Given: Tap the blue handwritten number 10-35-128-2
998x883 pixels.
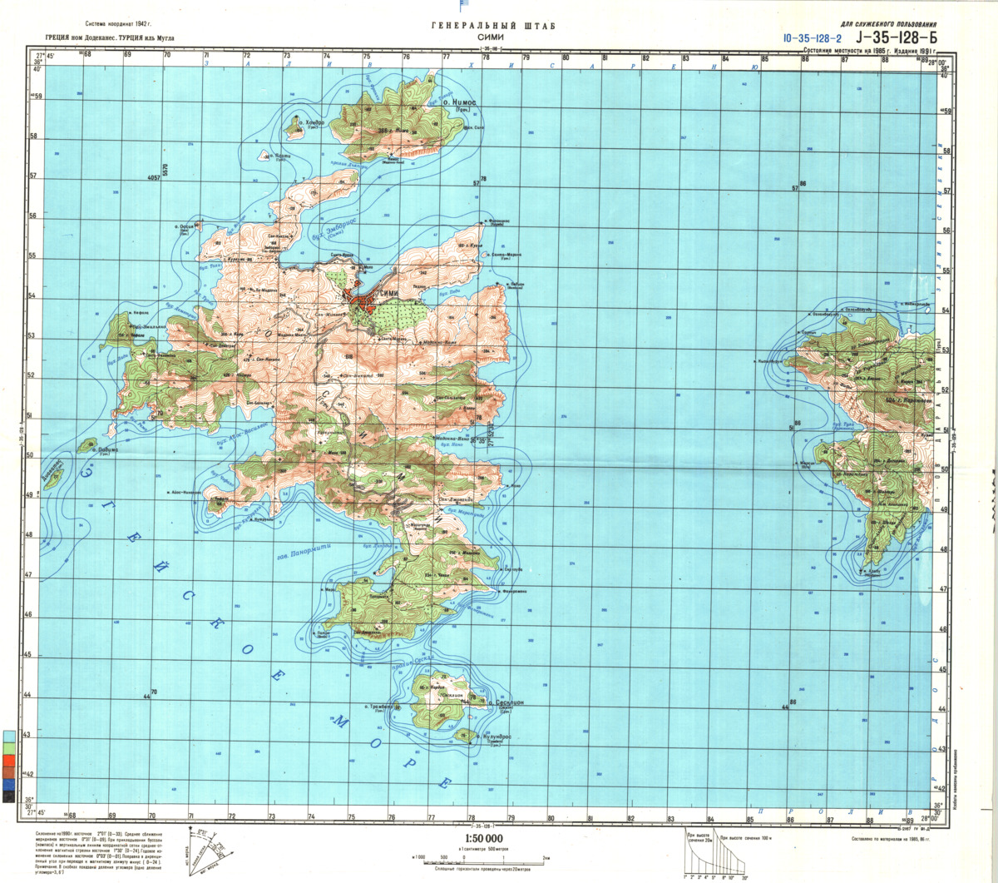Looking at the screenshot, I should point(812,38).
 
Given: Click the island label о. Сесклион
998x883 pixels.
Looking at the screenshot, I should point(506,704).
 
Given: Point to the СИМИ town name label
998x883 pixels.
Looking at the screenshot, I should point(389,295).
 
